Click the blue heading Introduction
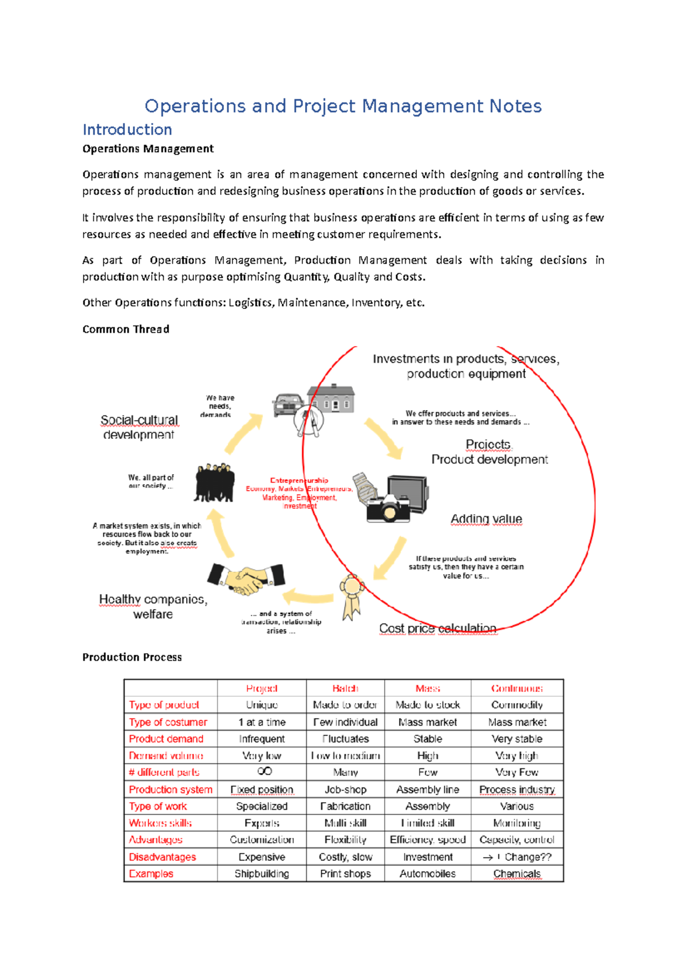pos(127,130)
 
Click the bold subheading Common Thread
pos(126,329)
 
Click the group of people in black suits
pos(214,483)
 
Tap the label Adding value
pos(486,519)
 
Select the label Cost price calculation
pos(437,628)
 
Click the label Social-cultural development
pos(139,427)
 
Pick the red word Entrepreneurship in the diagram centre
pos(299,481)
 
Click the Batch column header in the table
pos(345,688)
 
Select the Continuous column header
pos(516,688)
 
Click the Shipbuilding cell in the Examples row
pos(262,873)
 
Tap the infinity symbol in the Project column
pos(264,771)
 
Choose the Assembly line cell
pos(428,789)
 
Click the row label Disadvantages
pos(163,857)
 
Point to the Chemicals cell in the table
pos(516,873)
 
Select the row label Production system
pos(171,789)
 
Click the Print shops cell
pos(345,873)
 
